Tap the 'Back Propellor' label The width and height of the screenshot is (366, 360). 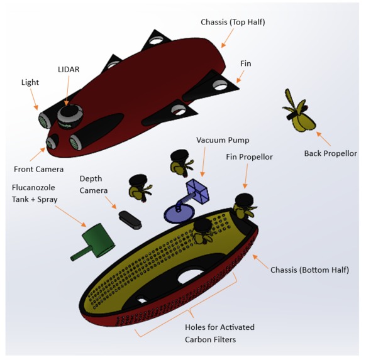tap(330, 153)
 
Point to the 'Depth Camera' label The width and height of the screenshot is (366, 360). tap(95, 184)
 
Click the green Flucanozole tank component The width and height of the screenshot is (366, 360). tap(95, 240)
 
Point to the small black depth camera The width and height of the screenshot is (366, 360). tap(130, 218)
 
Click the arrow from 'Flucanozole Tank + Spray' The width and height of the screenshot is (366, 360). tap(75, 217)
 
